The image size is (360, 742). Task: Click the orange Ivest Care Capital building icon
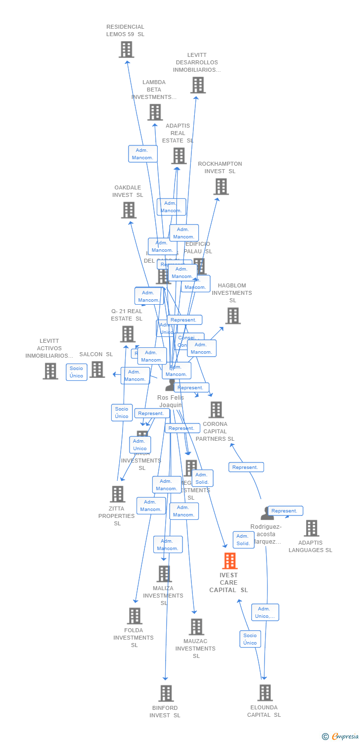coord(229,561)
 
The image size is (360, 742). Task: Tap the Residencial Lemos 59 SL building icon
coord(126,49)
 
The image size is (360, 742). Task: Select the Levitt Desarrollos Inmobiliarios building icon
coord(198,85)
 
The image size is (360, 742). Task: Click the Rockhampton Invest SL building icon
coord(221,186)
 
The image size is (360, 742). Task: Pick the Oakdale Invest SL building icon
coord(129,210)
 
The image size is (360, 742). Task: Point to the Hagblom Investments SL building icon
coord(232,316)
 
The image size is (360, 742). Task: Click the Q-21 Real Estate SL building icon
coord(128,334)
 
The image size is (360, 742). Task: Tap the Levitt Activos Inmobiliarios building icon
coord(50,371)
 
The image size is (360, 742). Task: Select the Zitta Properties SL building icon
coord(117,494)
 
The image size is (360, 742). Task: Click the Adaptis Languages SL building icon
coord(311,528)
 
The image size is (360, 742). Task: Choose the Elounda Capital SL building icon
coord(265,693)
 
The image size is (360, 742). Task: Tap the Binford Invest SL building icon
coord(166,693)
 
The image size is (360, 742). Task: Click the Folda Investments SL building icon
coord(134,616)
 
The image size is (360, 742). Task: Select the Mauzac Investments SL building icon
coord(196,627)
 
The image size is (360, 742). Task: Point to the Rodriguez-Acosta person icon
coord(267,513)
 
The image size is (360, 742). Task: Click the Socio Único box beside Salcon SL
coord(76,372)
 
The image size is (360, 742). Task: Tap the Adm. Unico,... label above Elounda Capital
coord(265,612)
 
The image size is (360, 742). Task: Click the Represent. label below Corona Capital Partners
coord(246,467)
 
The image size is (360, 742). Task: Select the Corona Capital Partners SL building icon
coord(216,410)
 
